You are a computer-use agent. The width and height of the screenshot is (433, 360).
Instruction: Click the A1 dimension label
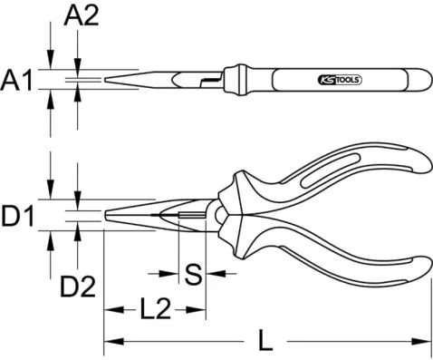click(x=19, y=82)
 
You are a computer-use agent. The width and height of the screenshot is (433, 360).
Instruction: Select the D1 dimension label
click(x=19, y=218)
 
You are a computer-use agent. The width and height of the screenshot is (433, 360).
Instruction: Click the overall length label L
click(x=265, y=343)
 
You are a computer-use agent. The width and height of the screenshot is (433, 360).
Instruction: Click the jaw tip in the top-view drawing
click(x=108, y=82)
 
